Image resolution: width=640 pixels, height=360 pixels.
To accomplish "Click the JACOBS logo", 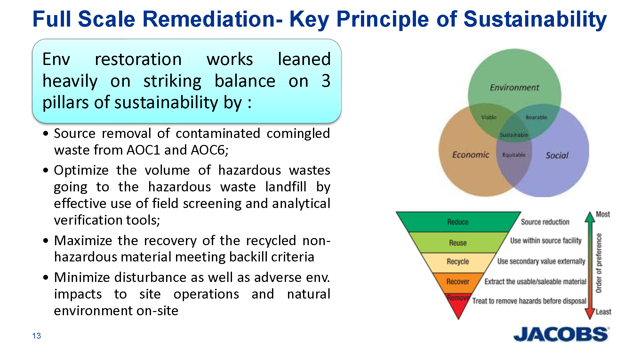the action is pos(561,334).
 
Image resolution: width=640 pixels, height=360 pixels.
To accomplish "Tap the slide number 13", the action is pos(36,336).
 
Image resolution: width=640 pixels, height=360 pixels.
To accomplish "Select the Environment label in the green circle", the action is pos(514,87).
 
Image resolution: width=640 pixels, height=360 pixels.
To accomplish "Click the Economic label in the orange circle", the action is pos(470,155).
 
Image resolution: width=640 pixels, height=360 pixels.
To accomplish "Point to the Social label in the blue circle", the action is pos(557,156).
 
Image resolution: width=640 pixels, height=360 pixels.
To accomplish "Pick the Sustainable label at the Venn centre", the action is pos(514,135).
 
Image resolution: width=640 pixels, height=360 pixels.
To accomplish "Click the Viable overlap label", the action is pos(489,117).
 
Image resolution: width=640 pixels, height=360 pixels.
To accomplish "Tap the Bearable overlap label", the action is pos(536,117).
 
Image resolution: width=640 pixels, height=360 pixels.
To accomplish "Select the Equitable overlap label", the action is pos(514,155).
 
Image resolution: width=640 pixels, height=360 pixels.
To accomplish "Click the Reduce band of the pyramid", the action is pos(458,222).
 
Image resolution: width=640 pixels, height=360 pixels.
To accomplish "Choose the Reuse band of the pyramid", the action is pos(458,243).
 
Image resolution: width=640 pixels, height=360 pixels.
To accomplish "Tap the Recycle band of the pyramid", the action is pos(458,261).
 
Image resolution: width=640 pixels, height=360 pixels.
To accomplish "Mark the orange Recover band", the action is pos(458,282).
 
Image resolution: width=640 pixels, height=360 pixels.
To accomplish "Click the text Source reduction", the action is pos(545,222).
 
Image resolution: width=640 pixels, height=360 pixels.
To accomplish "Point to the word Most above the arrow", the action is pos(603,214).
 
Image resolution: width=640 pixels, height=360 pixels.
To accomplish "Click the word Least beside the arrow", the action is pos(603,312).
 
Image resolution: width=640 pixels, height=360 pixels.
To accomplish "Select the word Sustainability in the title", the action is pos(535,20).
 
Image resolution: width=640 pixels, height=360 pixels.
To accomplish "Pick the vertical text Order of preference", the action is pos(599,263).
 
